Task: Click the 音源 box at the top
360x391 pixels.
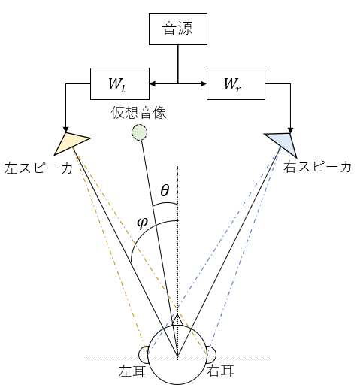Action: (x=178, y=29)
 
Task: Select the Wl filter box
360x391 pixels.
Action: (x=119, y=83)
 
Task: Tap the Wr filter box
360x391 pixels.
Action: (x=236, y=83)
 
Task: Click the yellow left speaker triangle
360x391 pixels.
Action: (x=71, y=143)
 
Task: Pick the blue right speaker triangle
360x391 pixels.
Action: (x=283, y=144)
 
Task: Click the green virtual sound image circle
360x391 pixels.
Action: (x=139, y=132)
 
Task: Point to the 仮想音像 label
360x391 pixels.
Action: (x=138, y=113)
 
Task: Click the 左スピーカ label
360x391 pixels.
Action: (x=38, y=168)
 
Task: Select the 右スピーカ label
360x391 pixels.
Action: (x=317, y=167)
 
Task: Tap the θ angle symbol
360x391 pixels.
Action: (x=165, y=190)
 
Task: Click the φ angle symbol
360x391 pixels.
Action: (x=142, y=223)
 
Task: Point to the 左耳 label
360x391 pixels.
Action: (x=132, y=371)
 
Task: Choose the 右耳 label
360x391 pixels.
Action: (x=220, y=371)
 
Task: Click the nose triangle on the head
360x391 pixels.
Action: (x=177, y=320)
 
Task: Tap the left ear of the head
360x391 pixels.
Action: (x=144, y=355)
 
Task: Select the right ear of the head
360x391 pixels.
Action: (x=211, y=355)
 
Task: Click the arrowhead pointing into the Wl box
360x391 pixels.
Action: (x=153, y=83)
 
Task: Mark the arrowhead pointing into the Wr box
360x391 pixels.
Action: (x=204, y=83)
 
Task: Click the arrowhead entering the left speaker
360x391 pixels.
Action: (x=65, y=129)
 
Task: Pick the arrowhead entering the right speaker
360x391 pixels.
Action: (x=290, y=130)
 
